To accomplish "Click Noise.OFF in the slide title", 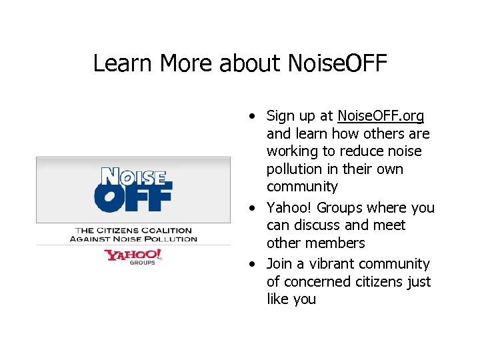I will coord(337,63).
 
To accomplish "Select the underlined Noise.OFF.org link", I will coord(381,116).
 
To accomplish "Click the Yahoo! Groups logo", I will coord(133,257).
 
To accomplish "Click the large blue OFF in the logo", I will coord(133,197).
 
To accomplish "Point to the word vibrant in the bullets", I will coord(328,264).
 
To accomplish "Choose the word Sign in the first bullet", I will coord(281,117).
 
